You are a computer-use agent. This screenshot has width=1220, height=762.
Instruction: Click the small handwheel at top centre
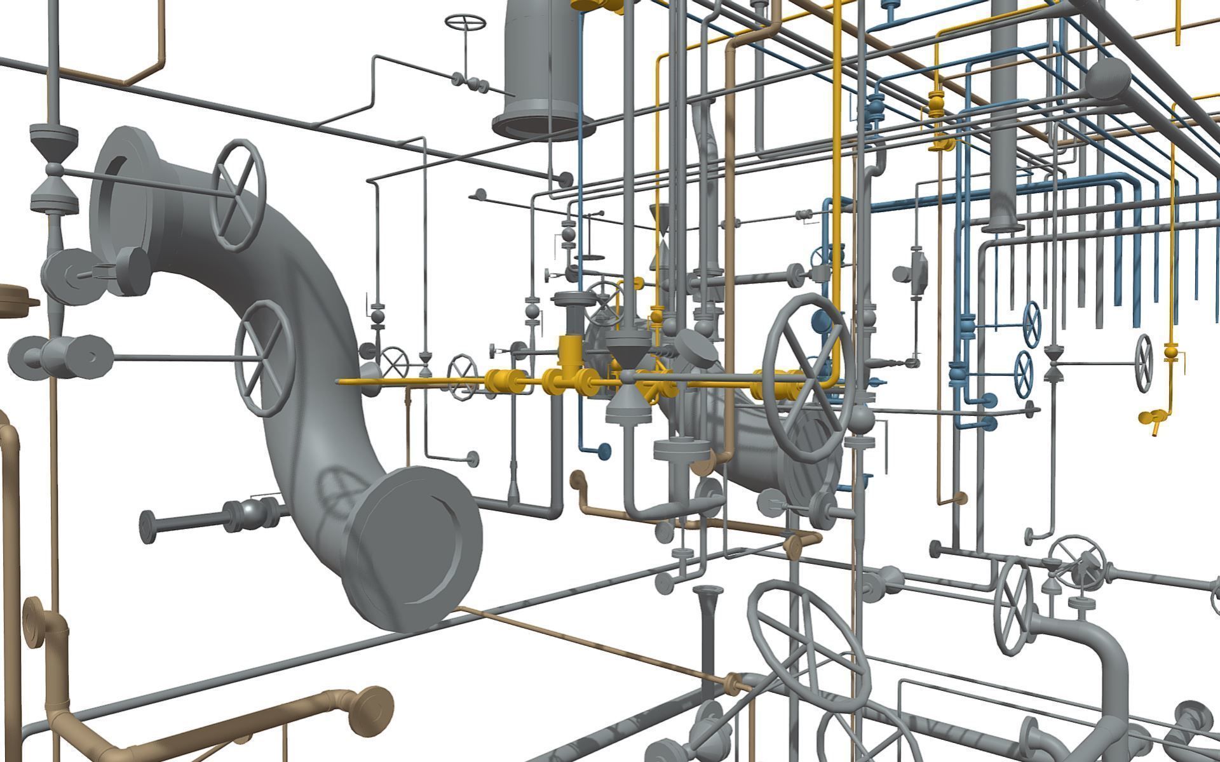[x=465, y=22]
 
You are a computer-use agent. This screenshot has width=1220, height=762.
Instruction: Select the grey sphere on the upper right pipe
[x=1107, y=80]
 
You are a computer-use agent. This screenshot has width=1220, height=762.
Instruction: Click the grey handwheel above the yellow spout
[x=1144, y=363]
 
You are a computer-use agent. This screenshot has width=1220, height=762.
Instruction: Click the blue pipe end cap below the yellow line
[x=604, y=451]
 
